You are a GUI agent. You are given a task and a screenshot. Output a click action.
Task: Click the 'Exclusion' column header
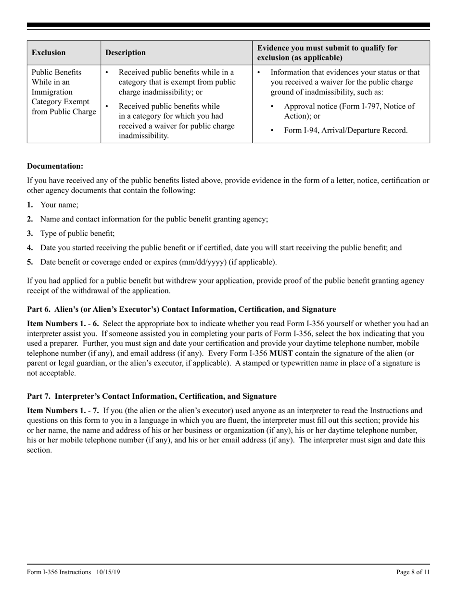pos(49,53)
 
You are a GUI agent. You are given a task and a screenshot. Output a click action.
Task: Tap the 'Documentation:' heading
pos(55,166)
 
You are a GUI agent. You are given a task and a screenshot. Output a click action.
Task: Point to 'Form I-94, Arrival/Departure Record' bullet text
pos(345,130)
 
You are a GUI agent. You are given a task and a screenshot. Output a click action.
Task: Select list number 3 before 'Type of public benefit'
pos(30,234)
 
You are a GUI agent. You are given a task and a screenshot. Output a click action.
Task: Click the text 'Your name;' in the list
pos(59,205)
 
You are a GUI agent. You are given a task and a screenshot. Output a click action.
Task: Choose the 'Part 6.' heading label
pos(38,309)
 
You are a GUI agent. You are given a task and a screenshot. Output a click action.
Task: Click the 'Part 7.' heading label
pos(38,396)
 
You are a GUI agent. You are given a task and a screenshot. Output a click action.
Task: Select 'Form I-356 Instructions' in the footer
pos(59,572)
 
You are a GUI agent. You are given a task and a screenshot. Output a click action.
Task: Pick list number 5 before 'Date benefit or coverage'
pos(30,262)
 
